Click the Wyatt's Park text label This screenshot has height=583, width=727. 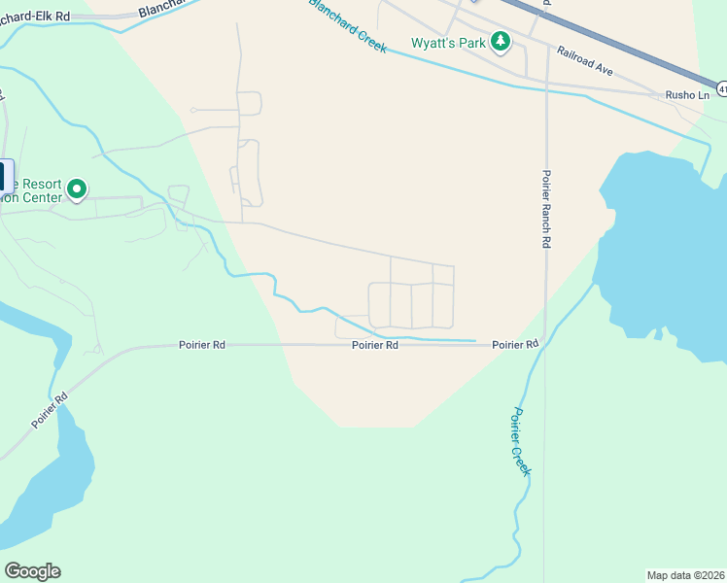[x=448, y=43]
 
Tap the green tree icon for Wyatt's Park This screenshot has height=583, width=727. [x=501, y=42]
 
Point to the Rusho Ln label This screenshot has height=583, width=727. [x=687, y=94]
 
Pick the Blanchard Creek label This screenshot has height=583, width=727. [x=347, y=25]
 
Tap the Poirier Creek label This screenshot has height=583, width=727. [x=519, y=441]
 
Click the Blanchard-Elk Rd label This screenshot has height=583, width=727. [x=37, y=17]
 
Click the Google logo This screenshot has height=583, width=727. [x=32, y=571]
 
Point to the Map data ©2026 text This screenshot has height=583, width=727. [x=685, y=575]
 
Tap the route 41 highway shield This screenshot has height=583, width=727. [x=722, y=89]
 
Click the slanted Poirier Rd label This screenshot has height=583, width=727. [x=48, y=411]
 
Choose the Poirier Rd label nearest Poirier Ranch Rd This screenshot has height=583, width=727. [x=515, y=345]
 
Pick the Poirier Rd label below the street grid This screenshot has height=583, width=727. [x=375, y=345]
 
